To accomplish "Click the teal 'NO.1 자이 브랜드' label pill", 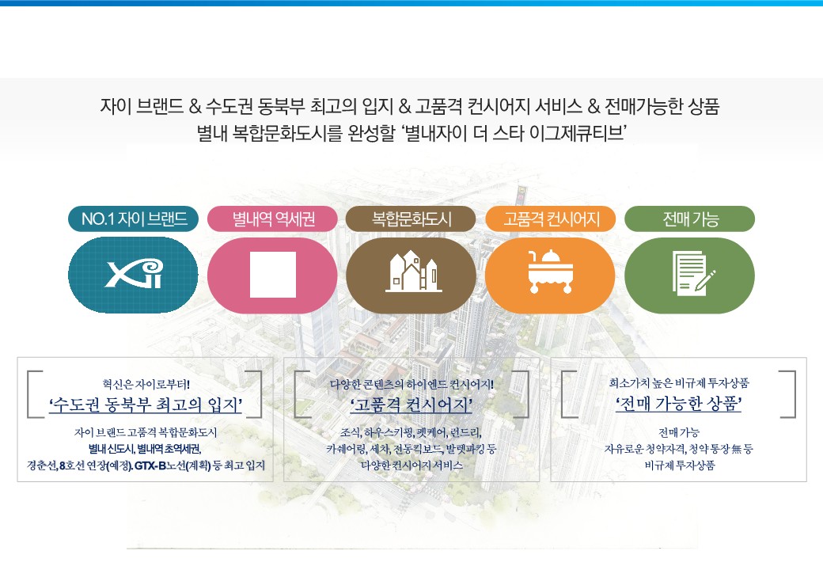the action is pyautogui.click(x=133, y=218).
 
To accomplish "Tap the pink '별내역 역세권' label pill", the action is pyautogui.click(x=272, y=218).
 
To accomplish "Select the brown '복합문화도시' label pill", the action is pyautogui.click(x=411, y=218).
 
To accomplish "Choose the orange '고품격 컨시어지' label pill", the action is pyautogui.click(x=550, y=218).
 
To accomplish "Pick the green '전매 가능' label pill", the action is pyautogui.click(x=690, y=218).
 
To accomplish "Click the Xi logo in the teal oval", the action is pyautogui.click(x=133, y=273).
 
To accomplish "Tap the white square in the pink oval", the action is pyautogui.click(x=273, y=275).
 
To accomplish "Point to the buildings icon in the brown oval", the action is pyautogui.click(x=413, y=272).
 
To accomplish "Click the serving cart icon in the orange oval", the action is pyautogui.click(x=550, y=272).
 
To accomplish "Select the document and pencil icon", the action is pyautogui.click(x=693, y=272).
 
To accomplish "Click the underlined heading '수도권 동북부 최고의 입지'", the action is pyautogui.click(x=146, y=405).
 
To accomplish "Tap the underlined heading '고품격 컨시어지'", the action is pyautogui.click(x=411, y=405).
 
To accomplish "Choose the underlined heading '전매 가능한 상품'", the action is pyautogui.click(x=678, y=404).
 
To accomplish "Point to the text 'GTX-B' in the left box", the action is pyautogui.click(x=150, y=465).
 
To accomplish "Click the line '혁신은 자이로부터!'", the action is pyautogui.click(x=146, y=385).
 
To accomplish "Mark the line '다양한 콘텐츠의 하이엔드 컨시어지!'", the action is pyautogui.click(x=411, y=384).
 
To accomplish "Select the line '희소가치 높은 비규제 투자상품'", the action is pyautogui.click(x=679, y=383).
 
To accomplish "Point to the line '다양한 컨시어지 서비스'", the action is pyautogui.click(x=411, y=465).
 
